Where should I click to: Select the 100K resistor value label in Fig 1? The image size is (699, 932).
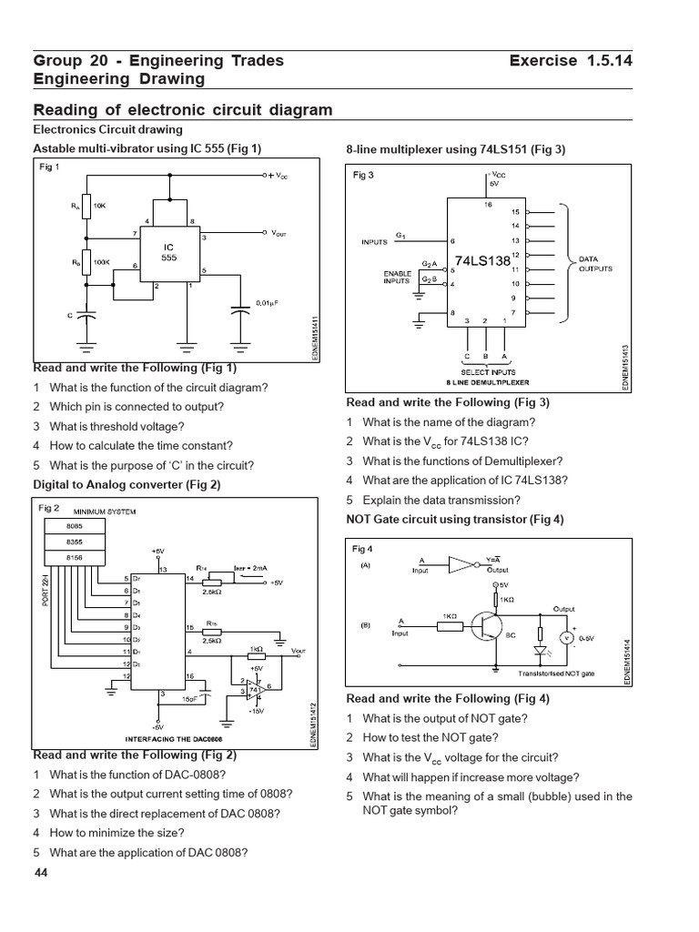(x=101, y=263)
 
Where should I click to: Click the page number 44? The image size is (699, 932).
(x=40, y=873)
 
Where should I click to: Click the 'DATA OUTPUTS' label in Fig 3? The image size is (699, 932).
(x=596, y=264)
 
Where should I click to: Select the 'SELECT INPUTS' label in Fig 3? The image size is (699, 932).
(x=488, y=373)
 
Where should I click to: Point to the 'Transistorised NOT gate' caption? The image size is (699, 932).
(x=556, y=674)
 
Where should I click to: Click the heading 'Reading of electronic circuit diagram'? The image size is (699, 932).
(x=183, y=110)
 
